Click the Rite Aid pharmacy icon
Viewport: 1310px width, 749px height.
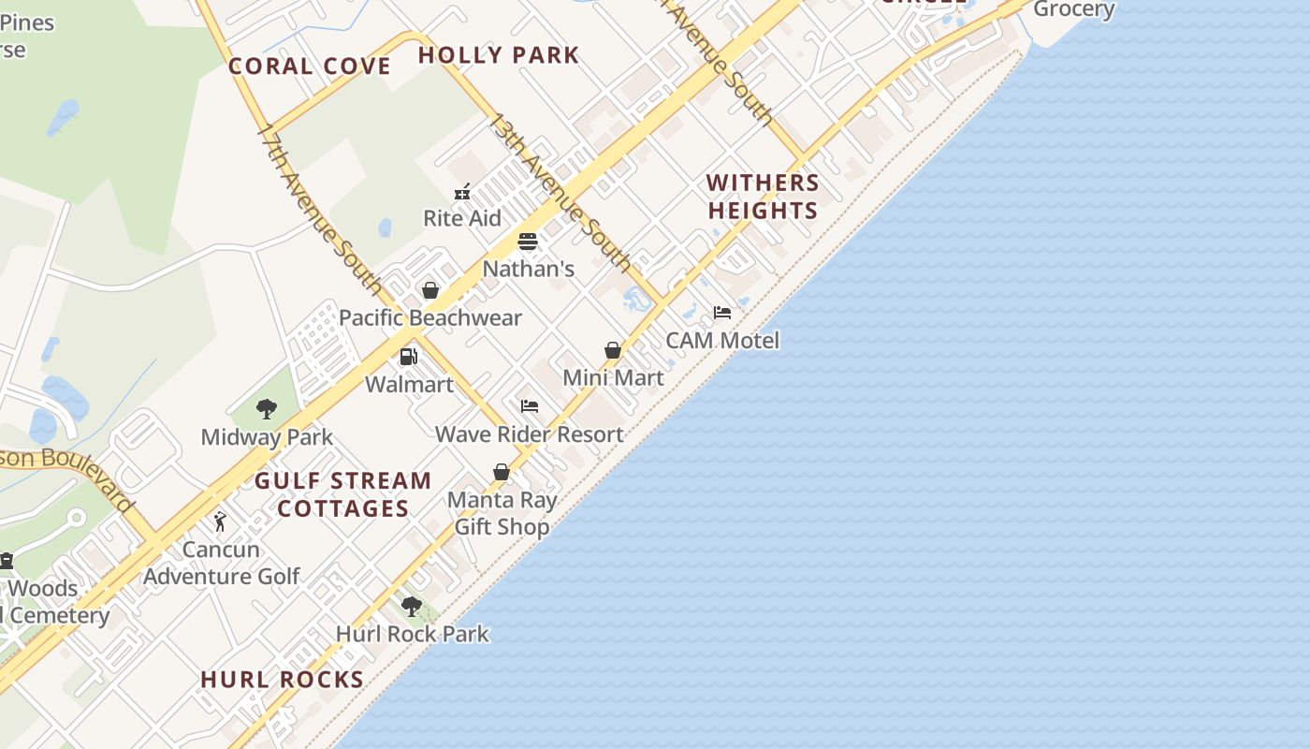click(x=462, y=193)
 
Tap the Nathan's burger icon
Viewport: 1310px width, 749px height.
click(x=528, y=242)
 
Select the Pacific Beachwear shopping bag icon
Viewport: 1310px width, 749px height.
click(x=430, y=291)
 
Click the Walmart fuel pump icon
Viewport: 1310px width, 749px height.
click(x=409, y=357)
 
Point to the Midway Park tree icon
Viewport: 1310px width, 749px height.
click(x=267, y=409)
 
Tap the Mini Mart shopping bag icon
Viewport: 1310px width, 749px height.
click(x=613, y=351)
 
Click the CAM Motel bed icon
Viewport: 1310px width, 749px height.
click(x=721, y=313)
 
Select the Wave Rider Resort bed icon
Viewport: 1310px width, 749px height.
click(x=530, y=406)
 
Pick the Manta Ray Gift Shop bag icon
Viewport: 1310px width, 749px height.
click(x=502, y=472)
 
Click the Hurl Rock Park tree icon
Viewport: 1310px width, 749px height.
click(x=411, y=606)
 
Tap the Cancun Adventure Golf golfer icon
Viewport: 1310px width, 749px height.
click(x=220, y=521)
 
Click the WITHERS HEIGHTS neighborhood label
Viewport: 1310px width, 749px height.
click(x=763, y=197)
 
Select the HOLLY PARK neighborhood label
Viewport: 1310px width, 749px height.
click(x=499, y=55)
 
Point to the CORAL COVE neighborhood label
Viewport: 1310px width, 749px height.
click(x=310, y=66)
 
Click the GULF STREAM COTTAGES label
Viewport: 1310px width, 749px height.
click(x=343, y=494)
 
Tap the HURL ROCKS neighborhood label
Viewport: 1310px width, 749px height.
click(x=282, y=680)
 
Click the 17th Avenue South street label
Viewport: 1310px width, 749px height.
click(x=319, y=209)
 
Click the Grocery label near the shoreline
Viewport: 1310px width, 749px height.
click(x=1073, y=10)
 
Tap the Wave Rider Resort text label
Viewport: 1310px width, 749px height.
click(x=530, y=434)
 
